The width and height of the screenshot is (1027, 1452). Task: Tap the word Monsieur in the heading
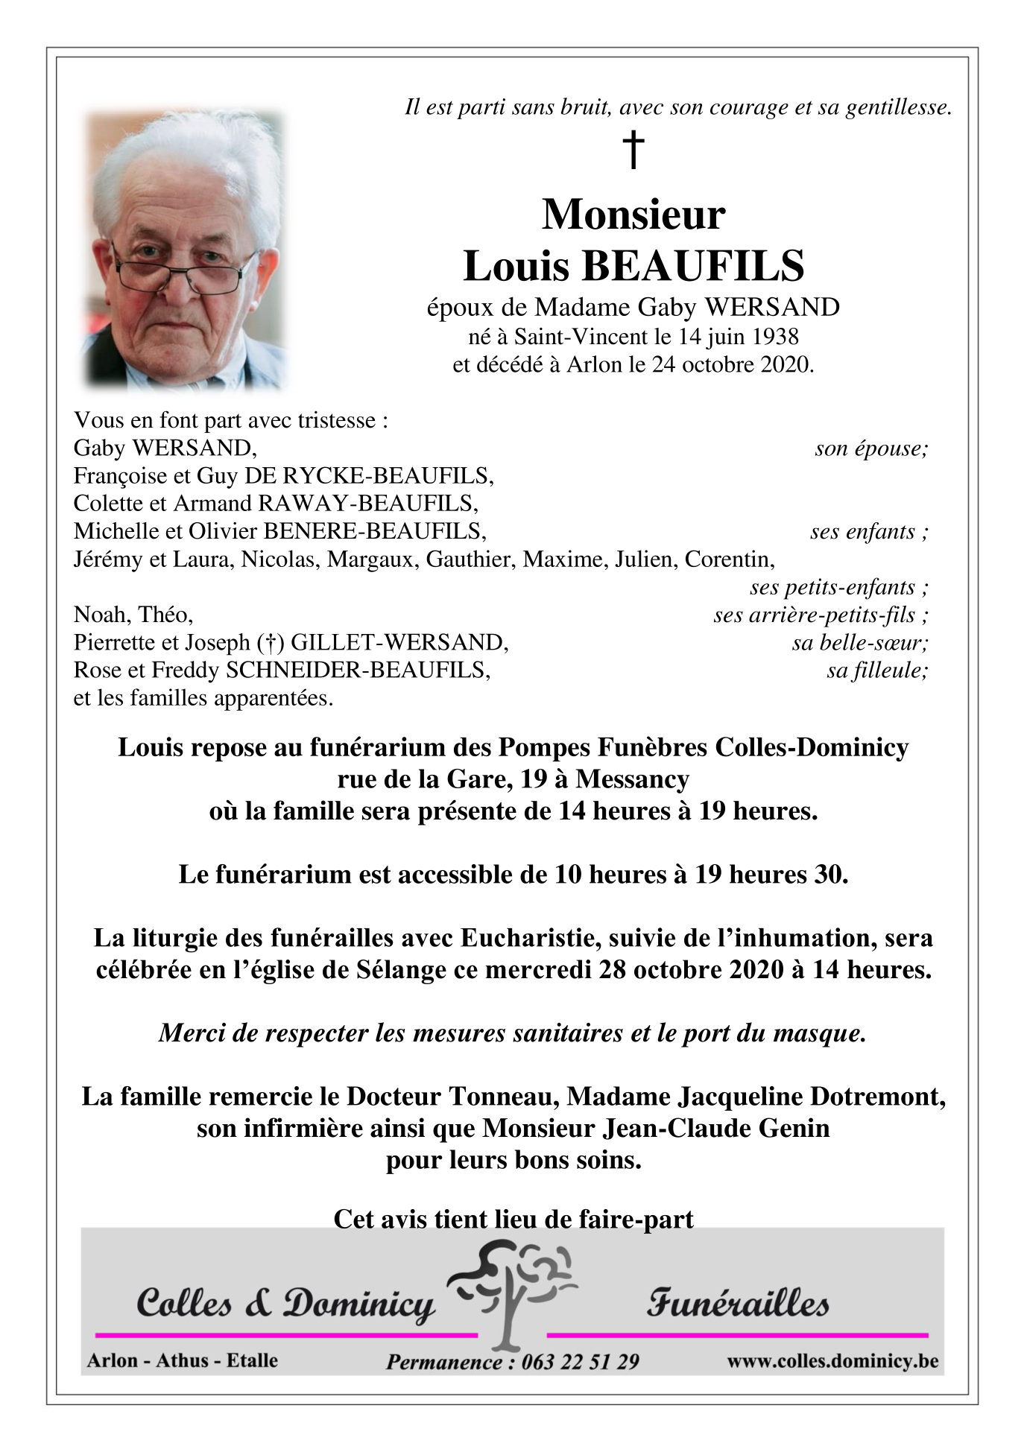(633, 215)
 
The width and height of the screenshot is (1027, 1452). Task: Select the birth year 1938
(774, 337)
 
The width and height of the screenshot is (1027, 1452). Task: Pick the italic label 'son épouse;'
(871, 448)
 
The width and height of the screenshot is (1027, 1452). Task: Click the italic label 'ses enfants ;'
(869, 532)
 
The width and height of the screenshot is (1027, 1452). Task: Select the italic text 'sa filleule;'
(877, 670)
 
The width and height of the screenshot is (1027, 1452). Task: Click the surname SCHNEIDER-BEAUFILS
(358, 670)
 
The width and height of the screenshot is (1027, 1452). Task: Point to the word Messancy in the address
(632, 779)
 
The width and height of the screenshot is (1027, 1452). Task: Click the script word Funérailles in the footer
(737, 1304)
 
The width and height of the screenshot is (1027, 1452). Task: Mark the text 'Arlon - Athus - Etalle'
(183, 1360)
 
